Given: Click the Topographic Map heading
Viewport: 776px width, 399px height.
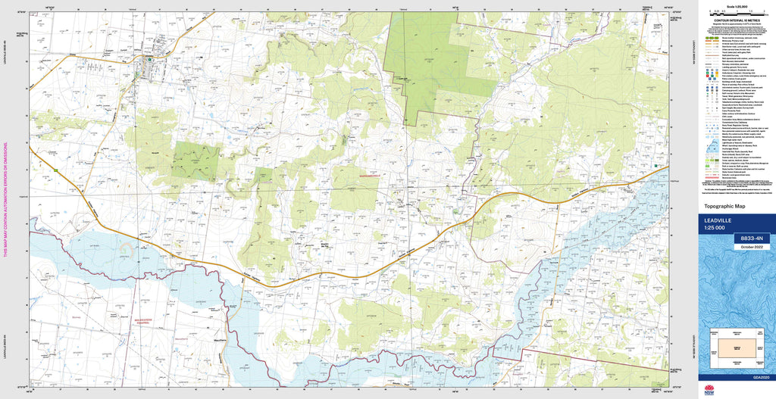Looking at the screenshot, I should click(x=724, y=206).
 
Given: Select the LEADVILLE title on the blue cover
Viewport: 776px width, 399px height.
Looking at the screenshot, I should click(x=720, y=221).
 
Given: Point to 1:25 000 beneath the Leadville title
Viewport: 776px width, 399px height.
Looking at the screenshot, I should click(x=717, y=228).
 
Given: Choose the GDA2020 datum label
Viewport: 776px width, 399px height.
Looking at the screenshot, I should click(x=760, y=377).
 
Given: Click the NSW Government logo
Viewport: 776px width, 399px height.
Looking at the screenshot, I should click(x=709, y=391).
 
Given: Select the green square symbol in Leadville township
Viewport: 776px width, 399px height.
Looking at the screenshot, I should click(x=150, y=58).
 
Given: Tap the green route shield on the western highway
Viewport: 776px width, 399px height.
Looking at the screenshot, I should click(x=55, y=171).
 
